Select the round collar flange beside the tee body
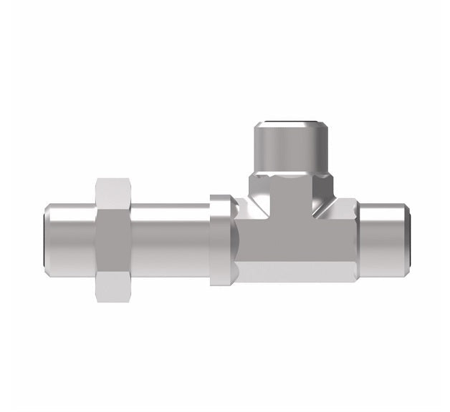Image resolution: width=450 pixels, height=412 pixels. coord(221,240)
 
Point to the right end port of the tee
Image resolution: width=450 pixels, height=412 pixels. coord(383,240)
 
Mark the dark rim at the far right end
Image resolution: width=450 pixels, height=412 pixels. coord(407,240)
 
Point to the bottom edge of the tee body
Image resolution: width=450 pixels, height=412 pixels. coord(294,281)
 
